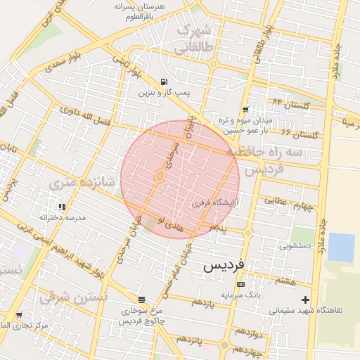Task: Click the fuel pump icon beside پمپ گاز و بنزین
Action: click(164, 82)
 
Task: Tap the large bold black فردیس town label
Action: click(224, 266)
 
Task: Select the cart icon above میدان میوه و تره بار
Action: click(245, 109)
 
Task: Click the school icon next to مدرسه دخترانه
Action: click(62, 207)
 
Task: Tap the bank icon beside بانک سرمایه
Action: click(241, 285)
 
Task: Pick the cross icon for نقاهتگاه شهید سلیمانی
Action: click(304, 300)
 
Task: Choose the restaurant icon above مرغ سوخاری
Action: click(141, 299)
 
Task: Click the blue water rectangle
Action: click(341, 247)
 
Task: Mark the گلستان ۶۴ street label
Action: click(291, 105)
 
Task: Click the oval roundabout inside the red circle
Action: click(160, 176)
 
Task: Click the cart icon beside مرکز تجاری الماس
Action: click(18, 314)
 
